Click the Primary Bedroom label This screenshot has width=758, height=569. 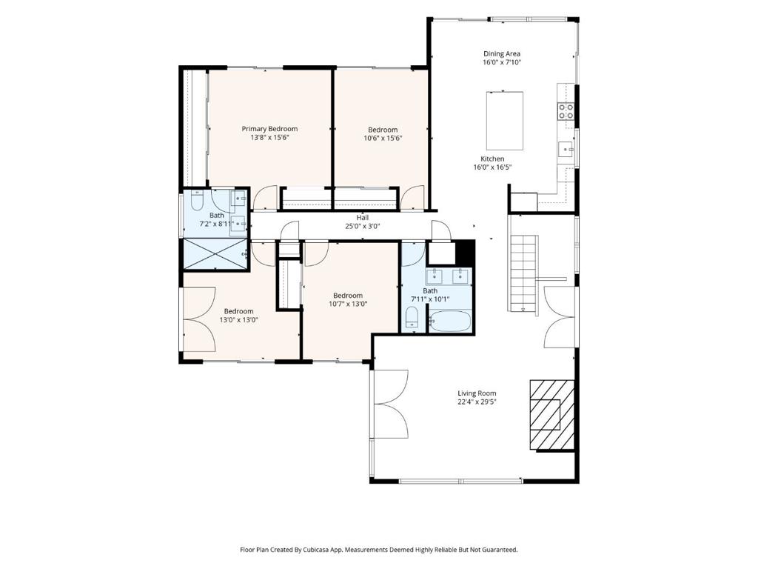click(269, 129)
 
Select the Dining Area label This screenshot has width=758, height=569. click(502, 53)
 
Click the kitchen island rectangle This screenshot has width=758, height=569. click(505, 121)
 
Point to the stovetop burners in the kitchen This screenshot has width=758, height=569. click(566, 111)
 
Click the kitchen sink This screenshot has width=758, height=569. click(566, 150)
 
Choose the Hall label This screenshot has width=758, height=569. click(363, 218)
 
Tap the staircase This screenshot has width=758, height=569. click(524, 273)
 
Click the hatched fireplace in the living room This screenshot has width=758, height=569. click(552, 416)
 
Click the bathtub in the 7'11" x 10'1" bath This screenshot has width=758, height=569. click(450, 321)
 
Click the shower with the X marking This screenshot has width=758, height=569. click(214, 253)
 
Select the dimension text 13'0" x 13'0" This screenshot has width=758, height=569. click(239, 320)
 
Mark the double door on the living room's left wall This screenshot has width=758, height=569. click(390, 402)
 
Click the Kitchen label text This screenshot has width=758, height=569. click(492, 159)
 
